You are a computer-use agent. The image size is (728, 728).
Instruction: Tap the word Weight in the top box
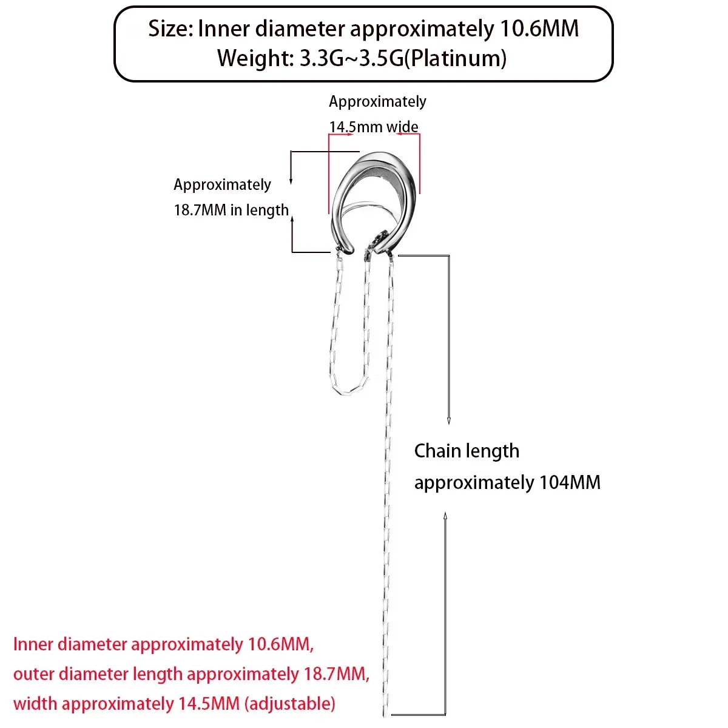(255, 58)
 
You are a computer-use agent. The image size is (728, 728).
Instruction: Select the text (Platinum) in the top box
(455, 59)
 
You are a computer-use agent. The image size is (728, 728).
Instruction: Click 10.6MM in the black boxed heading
(539, 29)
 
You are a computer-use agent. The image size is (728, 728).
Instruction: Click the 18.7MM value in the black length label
(200, 210)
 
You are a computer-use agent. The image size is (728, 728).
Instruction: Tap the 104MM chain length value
(570, 482)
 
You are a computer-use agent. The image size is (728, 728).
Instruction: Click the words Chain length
(467, 451)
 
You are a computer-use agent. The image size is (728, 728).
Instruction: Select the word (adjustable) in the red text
(290, 704)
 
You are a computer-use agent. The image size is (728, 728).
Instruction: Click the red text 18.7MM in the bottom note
(334, 674)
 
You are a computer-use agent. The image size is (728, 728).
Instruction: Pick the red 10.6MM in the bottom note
(279, 644)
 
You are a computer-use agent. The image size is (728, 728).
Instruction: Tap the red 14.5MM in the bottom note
(209, 704)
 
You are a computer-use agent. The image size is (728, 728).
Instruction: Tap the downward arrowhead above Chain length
(449, 421)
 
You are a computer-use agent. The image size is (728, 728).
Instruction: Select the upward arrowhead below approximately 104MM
(445, 517)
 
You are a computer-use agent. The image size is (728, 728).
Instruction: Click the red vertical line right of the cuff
(420, 164)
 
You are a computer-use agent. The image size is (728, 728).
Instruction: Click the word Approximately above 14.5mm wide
(377, 102)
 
